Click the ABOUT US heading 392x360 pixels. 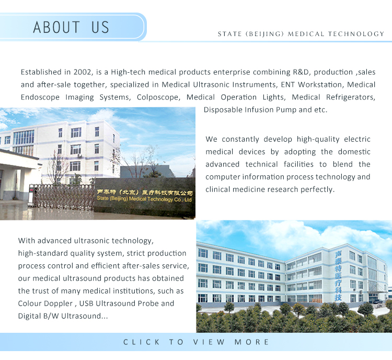(71, 27)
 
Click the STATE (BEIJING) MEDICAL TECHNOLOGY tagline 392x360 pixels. (301, 34)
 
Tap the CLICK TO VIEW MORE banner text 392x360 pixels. (196, 342)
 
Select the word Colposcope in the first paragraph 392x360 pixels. (158, 97)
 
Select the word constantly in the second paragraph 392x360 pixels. (240, 139)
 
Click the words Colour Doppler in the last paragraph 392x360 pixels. (45, 303)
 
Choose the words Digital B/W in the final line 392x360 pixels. (39, 316)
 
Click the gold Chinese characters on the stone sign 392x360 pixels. (145, 193)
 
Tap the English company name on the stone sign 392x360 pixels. (144, 199)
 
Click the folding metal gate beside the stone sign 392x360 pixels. (63, 196)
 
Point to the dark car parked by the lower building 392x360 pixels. (377, 301)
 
